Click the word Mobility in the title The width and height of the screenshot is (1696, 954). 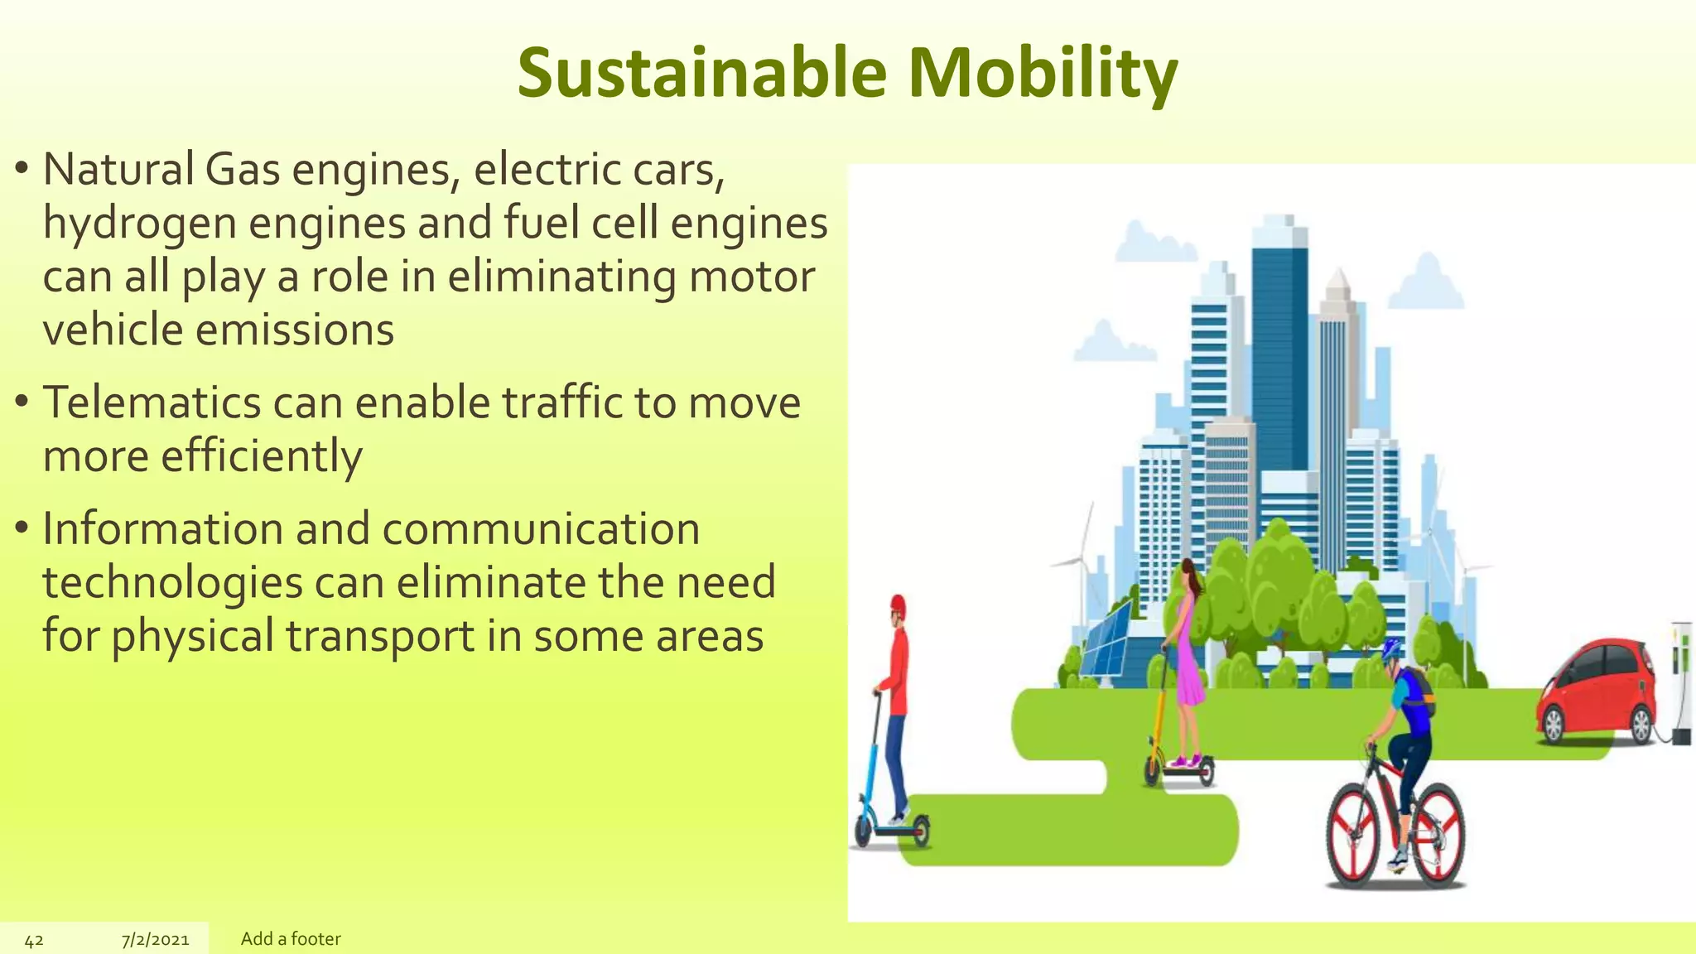tap(1043, 73)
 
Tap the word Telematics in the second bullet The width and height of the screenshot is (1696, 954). tap(152, 403)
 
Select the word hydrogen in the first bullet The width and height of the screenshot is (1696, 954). tap(141, 224)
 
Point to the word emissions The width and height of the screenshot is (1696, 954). tap(294, 330)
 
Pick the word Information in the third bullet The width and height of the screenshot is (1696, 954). tap(162, 529)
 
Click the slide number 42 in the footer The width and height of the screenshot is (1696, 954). tap(34, 940)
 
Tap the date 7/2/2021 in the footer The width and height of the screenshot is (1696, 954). tap(155, 940)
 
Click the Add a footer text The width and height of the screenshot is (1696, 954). tap(291, 939)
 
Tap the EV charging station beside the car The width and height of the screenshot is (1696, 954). tap(1680, 679)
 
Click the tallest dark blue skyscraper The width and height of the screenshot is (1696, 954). tap(1279, 348)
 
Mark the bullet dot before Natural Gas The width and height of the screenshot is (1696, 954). tap(22, 170)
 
